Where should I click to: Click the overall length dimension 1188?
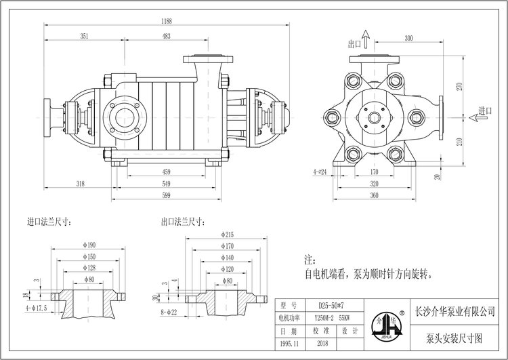[166, 20]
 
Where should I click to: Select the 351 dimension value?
[83, 35]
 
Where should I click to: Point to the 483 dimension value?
[166, 35]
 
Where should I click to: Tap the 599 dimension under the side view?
[166, 195]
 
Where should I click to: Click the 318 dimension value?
[81, 184]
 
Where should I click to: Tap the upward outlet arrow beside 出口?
[366, 37]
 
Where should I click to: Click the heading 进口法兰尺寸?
[51, 222]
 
